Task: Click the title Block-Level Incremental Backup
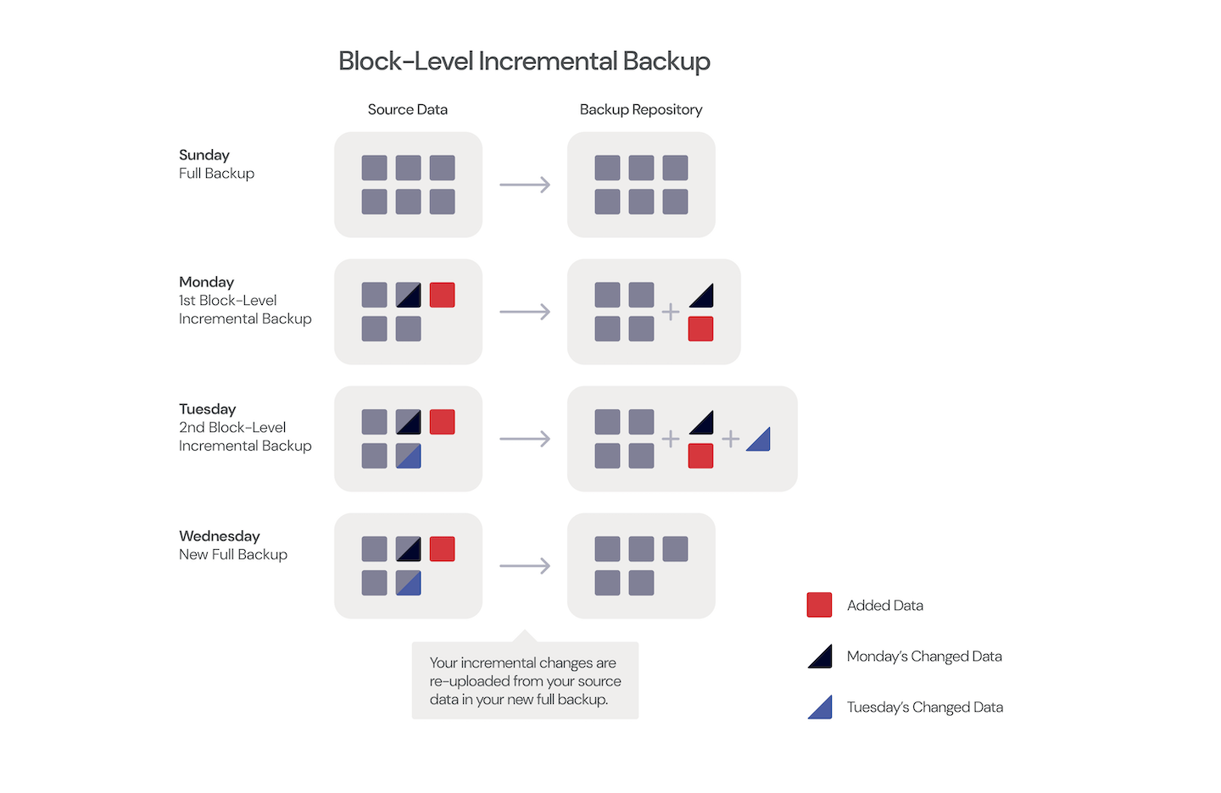click(x=524, y=61)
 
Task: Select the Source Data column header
click(x=407, y=109)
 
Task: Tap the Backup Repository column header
click(x=640, y=109)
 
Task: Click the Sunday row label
click(x=204, y=155)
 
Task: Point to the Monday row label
click(x=206, y=282)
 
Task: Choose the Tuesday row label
click(x=207, y=409)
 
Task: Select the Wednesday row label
click(x=219, y=536)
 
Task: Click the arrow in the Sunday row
click(x=525, y=185)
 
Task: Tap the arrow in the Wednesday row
click(x=525, y=566)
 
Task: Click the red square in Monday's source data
click(x=442, y=295)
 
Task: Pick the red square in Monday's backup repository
click(x=700, y=329)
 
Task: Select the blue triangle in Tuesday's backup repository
click(x=760, y=441)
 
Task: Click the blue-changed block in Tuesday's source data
click(x=408, y=456)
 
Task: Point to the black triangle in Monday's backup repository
click(x=703, y=297)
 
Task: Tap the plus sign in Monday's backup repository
click(x=671, y=312)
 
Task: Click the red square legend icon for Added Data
click(x=819, y=605)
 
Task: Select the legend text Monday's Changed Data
click(x=924, y=657)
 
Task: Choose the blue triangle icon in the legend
click(x=821, y=707)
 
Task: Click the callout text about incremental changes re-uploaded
click(x=525, y=681)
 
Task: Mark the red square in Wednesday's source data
click(x=442, y=549)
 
